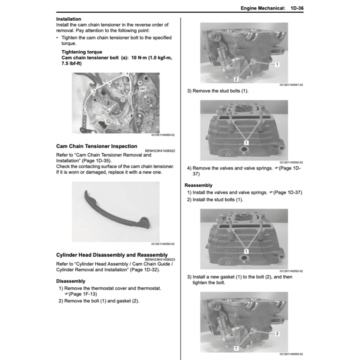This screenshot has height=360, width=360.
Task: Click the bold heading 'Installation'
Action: pos(69,19)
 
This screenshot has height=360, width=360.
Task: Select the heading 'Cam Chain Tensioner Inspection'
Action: pos(97,146)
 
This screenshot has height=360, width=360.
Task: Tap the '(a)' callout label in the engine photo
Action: pos(142,89)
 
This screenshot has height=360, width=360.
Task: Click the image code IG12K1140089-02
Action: pos(163,135)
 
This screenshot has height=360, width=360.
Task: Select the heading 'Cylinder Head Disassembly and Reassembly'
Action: pos(112,255)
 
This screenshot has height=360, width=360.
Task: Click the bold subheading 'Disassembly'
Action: pos(71,281)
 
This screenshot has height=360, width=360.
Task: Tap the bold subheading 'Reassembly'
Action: pos(199,185)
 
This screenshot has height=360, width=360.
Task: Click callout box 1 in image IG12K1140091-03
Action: pos(277,65)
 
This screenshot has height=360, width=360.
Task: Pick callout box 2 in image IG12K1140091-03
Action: pos(236,79)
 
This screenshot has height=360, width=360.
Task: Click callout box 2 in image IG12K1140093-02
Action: pos(277,334)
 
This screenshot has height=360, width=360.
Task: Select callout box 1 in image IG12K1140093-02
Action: pos(236,348)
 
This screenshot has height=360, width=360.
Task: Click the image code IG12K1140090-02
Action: pos(163,244)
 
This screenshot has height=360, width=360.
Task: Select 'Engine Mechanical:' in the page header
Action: pos(263,8)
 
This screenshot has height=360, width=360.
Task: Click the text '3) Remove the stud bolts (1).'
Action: pos(218,91)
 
